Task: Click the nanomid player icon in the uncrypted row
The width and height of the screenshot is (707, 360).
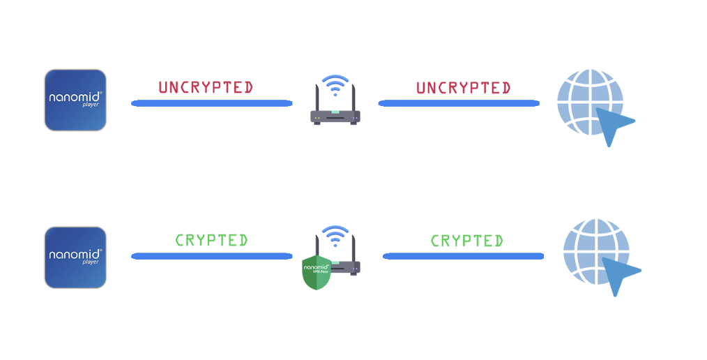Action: pos(75,100)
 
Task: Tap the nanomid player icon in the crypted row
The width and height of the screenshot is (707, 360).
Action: pos(75,257)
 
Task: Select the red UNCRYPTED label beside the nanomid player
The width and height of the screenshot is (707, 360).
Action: pos(206,88)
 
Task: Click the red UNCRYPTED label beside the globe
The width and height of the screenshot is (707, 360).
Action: pos(464,89)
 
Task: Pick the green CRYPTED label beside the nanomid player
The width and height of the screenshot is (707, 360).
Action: pos(211,240)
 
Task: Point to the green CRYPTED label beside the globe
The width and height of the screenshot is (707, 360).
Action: pos(466,241)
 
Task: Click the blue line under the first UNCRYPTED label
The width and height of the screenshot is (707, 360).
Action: pos(211,103)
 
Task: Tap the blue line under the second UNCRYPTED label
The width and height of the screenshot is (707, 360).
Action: pos(459,103)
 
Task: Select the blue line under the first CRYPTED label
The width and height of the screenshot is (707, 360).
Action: pos(211,256)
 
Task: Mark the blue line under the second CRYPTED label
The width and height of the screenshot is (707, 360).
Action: pos(463,256)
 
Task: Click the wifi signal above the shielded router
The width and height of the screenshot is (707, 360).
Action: pos(335,234)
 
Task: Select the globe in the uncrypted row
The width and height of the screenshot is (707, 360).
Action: pos(589,102)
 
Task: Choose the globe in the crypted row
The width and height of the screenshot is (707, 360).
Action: pos(595,252)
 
